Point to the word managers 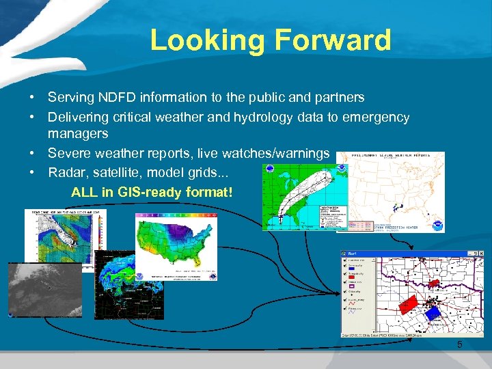78,133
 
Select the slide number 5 460,344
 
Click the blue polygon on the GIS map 432,312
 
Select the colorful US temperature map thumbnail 176,246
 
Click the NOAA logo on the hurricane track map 272,169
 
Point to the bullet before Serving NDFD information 32,98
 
